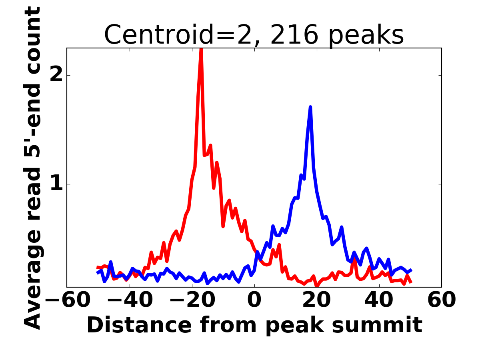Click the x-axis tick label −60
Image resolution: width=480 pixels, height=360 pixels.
(x=68, y=300)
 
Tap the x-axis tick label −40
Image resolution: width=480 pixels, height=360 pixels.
(x=130, y=300)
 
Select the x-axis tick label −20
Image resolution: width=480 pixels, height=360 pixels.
(x=192, y=300)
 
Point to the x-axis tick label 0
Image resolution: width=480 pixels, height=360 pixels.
(x=254, y=300)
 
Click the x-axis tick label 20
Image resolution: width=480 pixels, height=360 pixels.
(x=317, y=300)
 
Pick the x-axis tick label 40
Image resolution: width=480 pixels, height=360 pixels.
(x=379, y=300)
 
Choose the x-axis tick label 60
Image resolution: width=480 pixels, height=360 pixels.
(x=442, y=300)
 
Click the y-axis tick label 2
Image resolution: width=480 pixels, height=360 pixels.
(x=56, y=75)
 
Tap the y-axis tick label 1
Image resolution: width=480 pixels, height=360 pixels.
(x=57, y=184)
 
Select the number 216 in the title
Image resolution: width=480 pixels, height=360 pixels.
(x=294, y=34)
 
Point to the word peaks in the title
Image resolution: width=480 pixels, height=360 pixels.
(x=366, y=36)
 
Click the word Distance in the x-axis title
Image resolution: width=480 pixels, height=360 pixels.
(x=139, y=325)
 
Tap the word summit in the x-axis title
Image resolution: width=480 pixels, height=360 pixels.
(x=377, y=325)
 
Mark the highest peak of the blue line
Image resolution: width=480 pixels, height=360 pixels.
(x=310, y=107)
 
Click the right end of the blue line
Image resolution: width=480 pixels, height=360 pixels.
(x=412, y=270)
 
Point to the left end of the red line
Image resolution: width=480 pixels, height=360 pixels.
(x=97, y=267)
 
